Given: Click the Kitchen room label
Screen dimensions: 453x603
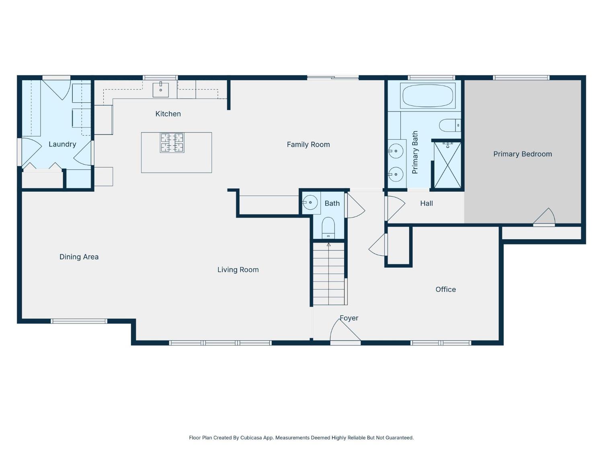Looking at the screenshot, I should (x=168, y=114).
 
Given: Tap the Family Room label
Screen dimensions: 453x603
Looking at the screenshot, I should (x=308, y=145).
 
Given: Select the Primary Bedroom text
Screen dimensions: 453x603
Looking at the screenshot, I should (x=522, y=154).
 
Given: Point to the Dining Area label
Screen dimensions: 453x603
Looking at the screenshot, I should (x=79, y=257).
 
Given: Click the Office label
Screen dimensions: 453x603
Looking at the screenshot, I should (x=445, y=290).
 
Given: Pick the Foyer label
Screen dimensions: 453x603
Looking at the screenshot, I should (x=349, y=318).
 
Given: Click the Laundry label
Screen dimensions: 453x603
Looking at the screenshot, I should (x=62, y=144).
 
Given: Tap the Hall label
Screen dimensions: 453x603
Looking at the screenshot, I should (x=426, y=203).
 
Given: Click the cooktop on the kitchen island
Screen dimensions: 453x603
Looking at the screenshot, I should (x=172, y=143).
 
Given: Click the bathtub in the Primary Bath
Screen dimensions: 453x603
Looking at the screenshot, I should (x=428, y=95).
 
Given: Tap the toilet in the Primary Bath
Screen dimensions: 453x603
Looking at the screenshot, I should (x=449, y=125).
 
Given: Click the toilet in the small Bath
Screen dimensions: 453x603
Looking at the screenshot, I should (x=328, y=228).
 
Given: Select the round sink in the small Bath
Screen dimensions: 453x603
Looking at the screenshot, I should (x=310, y=202).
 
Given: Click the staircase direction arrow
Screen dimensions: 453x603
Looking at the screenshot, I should (x=328, y=245).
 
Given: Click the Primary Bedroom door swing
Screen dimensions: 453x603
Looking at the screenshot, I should (x=545, y=217).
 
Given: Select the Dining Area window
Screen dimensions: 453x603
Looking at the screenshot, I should (x=79, y=321).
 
